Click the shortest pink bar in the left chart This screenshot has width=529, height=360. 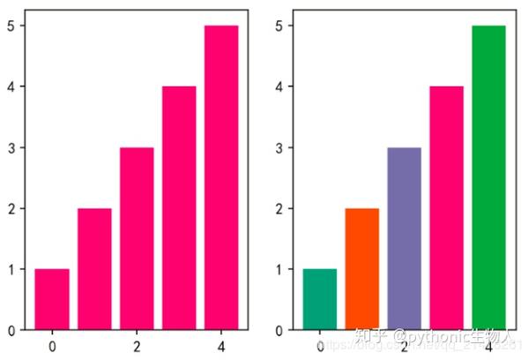tap(52, 299)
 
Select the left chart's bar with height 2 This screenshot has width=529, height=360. tap(94, 269)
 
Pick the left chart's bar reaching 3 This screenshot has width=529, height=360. tap(137, 238)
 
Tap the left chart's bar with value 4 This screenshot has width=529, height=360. tap(179, 208)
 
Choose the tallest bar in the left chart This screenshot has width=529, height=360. tap(221, 177)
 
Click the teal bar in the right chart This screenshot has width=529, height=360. tap(319, 299)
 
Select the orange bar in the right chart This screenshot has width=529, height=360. tap(361, 269)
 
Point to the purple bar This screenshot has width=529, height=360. tap(404, 238)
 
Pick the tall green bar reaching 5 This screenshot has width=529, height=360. tap(488, 177)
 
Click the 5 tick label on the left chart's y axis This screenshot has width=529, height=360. tap(11, 26)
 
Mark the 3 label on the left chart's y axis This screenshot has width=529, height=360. tap(11, 147)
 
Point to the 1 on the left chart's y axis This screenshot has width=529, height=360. tap(11, 269)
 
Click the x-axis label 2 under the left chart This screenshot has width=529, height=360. tap(137, 345)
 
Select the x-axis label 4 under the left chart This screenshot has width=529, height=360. tap(221, 345)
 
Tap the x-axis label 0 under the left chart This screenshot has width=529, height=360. tap(52, 345)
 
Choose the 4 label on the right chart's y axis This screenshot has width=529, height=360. tap(278, 86)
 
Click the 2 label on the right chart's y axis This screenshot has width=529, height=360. tap(278, 208)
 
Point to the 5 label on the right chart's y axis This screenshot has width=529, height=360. tap(278, 26)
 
